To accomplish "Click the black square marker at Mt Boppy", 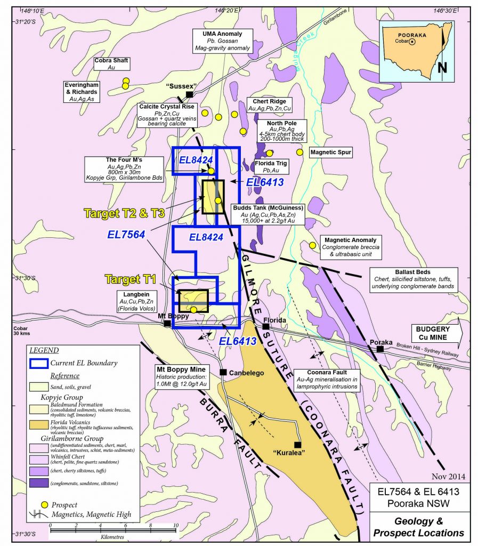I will [x=167, y=324].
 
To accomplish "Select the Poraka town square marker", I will [x=380, y=349].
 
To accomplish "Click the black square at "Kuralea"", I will [x=297, y=445].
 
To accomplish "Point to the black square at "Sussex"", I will [x=189, y=94].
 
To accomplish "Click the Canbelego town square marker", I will [x=223, y=372].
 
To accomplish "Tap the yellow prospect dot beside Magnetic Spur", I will [x=299, y=152].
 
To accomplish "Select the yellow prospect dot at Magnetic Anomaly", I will [x=312, y=245].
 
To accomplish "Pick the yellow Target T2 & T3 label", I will [x=123, y=213].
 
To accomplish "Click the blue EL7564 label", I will [x=127, y=234].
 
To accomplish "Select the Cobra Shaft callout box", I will [x=111, y=63].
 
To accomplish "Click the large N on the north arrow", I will [x=441, y=67].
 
